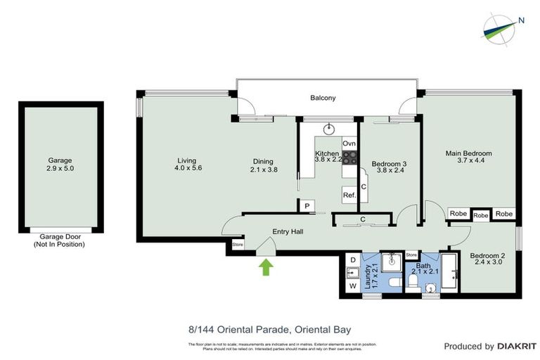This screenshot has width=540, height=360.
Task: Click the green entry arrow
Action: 266,267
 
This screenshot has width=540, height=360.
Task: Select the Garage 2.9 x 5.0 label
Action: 60,165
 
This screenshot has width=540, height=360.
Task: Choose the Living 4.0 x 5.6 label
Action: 186,164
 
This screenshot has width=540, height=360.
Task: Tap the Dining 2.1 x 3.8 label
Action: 263,165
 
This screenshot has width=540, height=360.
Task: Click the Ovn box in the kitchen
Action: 349,143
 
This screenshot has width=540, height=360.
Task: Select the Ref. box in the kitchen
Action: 349,195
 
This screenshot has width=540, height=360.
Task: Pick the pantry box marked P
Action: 307,206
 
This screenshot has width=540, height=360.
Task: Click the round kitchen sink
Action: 328,129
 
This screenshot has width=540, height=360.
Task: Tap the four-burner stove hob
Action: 349,158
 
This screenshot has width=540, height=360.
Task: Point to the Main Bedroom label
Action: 468,157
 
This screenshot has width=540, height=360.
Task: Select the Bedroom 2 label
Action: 487,258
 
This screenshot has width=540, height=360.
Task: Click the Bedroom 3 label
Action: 389,167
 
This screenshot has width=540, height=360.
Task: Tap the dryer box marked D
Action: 352,260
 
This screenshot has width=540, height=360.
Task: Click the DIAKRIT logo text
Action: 517,346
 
